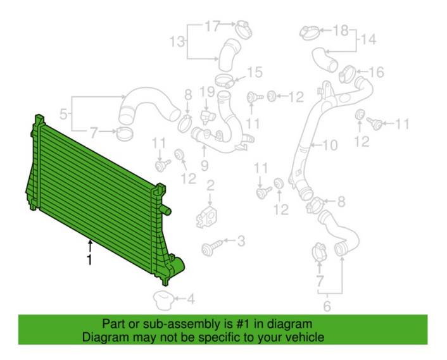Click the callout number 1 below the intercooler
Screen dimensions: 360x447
point(89,259)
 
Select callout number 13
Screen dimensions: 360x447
point(179,42)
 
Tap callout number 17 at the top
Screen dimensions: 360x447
point(212,27)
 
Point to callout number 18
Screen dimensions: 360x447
point(340,30)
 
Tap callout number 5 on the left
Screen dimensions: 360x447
point(63,115)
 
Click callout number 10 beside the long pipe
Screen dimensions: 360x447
point(330,146)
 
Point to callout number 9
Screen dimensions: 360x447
point(204,166)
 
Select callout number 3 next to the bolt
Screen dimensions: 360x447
point(241,240)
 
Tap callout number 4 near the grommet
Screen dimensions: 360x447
point(191,299)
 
